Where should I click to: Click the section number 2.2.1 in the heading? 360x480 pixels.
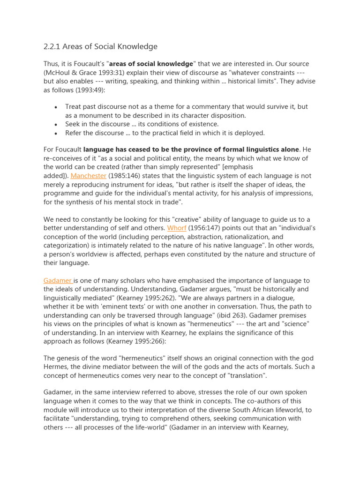click(53, 46)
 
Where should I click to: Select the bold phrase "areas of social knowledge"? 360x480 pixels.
click(151, 64)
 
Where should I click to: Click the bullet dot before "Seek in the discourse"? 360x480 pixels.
click(56, 125)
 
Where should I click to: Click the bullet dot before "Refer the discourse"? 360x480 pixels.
click(56, 133)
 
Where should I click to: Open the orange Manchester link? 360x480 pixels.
click(89, 176)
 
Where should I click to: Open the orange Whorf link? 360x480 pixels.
click(177, 228)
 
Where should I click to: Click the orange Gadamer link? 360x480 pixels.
click(58, 280)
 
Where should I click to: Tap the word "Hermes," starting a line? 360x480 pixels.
click(56, 367)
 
